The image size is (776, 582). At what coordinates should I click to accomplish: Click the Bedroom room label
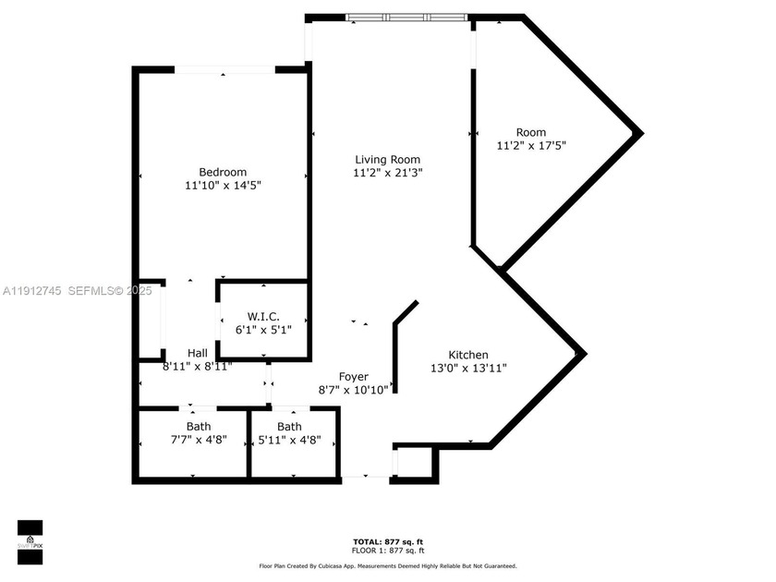[x=223, y=172]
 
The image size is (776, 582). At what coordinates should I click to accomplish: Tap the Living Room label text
[x=388, y=159]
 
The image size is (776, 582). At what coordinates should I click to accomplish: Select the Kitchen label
[x=468, y=355]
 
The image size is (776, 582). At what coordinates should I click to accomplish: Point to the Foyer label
[x=354, y=377]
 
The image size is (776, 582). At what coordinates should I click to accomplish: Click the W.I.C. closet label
[x=263, y=317]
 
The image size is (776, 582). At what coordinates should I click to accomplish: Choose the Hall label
[x=198, y=353]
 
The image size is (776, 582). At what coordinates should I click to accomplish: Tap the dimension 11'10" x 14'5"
[x=223, y=186]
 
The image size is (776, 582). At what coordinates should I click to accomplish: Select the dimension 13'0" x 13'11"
[x=468, y=368]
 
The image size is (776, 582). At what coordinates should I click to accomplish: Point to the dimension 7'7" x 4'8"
[x=198, y=440]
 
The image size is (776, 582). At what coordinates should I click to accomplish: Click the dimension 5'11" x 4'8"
[x=290, y=440]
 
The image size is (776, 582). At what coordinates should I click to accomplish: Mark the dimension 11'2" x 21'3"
[x=388, y=172]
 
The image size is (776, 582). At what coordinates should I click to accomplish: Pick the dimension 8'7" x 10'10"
[x=354, y=390]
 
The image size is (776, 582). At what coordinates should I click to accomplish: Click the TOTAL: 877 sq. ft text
[x=388, y=541]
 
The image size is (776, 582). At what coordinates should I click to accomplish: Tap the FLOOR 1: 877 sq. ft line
[x=388, y=551]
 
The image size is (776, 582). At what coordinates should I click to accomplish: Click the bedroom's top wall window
[x=225, y=69]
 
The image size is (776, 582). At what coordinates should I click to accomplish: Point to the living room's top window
[x=406, y=17]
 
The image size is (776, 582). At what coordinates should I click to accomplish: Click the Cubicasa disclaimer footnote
[x=388, y=565]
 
